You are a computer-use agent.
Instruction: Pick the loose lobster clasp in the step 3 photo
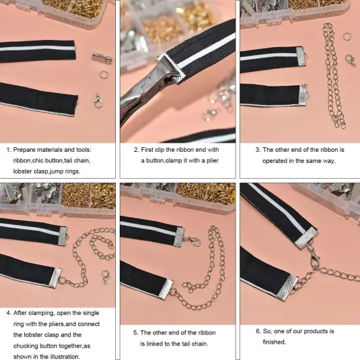(351, 60)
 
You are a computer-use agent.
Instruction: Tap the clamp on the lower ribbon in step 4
(54, 277)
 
